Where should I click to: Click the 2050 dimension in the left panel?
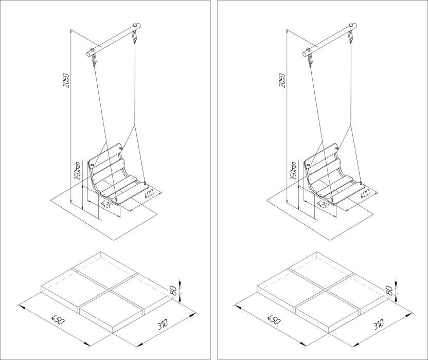point(66,80)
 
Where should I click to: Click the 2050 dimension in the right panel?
point(282,80)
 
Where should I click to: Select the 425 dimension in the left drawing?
point(105,204)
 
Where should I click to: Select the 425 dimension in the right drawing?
point(322,204)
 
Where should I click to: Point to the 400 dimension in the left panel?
point(149,193)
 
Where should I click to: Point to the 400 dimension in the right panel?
point(364,193)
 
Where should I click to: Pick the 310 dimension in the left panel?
point(163,324)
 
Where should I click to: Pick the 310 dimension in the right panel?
point(378,324)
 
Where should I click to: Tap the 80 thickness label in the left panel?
point(173,291)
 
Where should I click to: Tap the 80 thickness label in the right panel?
point(389,291)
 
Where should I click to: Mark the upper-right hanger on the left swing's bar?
point(134,37)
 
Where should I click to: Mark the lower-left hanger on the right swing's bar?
point(310,59)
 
